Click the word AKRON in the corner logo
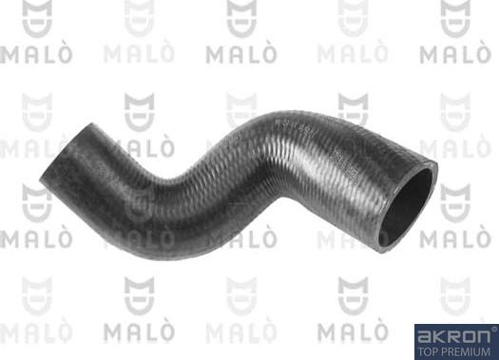(452, 334)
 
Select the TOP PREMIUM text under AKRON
(455, 350)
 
